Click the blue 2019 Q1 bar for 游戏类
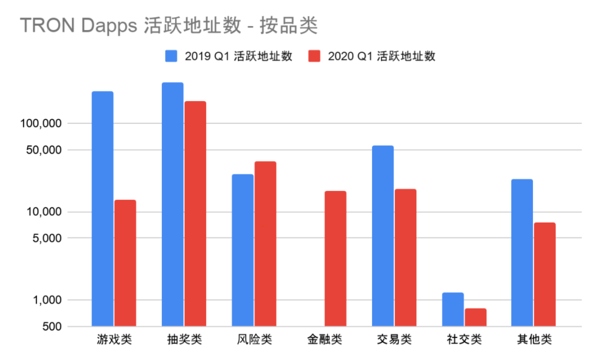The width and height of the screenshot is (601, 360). (102, 209)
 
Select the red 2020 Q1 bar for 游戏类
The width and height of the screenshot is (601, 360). (125, 263)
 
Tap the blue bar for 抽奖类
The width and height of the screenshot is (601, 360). (173, 204)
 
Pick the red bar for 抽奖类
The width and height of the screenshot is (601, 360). (195, 214)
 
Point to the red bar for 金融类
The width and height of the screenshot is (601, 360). (335, 258)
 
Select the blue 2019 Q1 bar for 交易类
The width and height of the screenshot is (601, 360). (383, 236)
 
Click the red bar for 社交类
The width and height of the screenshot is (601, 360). (475, 317)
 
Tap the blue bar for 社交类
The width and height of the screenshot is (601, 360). (453, 309)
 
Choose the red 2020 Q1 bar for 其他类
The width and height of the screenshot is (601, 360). (544, 274)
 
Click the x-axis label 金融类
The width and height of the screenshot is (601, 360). (324, 340)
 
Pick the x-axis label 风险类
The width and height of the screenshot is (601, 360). (254, 340)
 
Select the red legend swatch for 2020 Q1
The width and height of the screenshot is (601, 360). (314, 56)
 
